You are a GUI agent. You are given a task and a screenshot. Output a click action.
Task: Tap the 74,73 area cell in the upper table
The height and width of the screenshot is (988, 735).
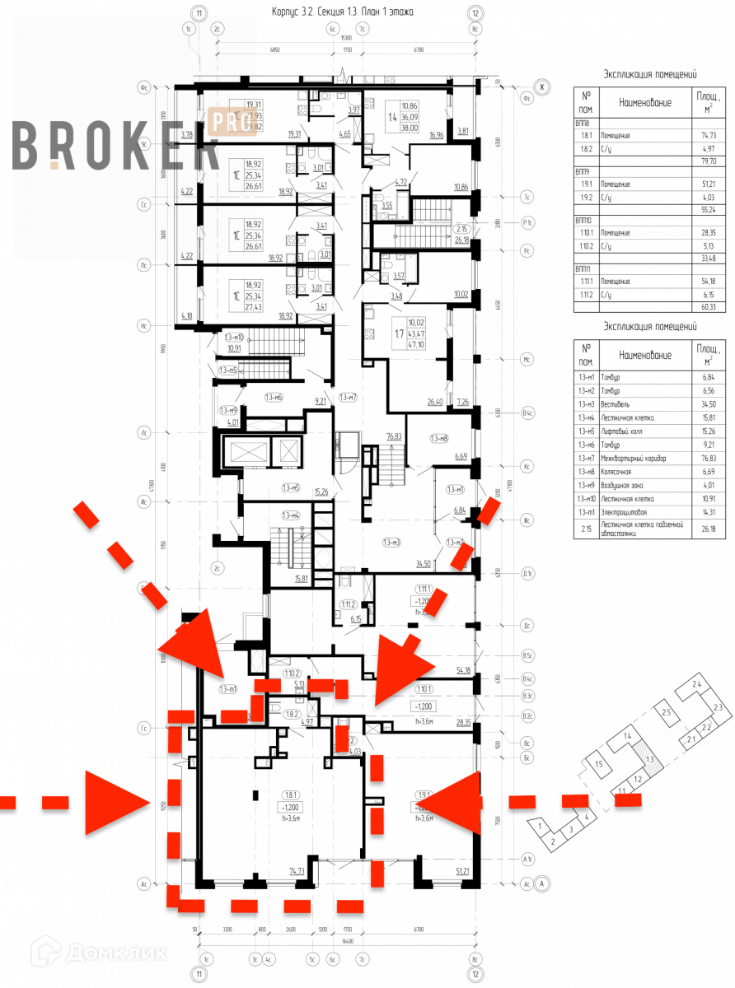pyautogui.click(x=702, y=135)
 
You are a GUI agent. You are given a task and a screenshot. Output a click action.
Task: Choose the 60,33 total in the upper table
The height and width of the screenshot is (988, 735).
pyautogui.click(x=702, y=307)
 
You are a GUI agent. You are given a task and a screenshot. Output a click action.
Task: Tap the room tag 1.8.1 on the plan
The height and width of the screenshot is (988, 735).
pyautogui.click(x=290, y=795)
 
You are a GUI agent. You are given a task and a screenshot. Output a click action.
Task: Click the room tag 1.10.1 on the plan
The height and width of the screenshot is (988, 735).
pyautogui.click(x=424, y=690)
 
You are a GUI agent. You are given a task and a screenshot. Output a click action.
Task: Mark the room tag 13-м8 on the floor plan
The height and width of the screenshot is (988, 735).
pyautogui.click(x=439, y=438)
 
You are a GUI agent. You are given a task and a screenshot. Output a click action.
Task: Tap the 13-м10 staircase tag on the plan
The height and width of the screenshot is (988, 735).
pyautogui.click(x=234, y=337)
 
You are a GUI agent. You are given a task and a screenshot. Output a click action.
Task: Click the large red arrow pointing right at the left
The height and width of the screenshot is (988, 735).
pyautogui.click(x=115, y=802)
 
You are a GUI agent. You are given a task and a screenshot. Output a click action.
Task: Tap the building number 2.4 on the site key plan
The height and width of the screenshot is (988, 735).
pyautogui.click(x=697, y=685)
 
